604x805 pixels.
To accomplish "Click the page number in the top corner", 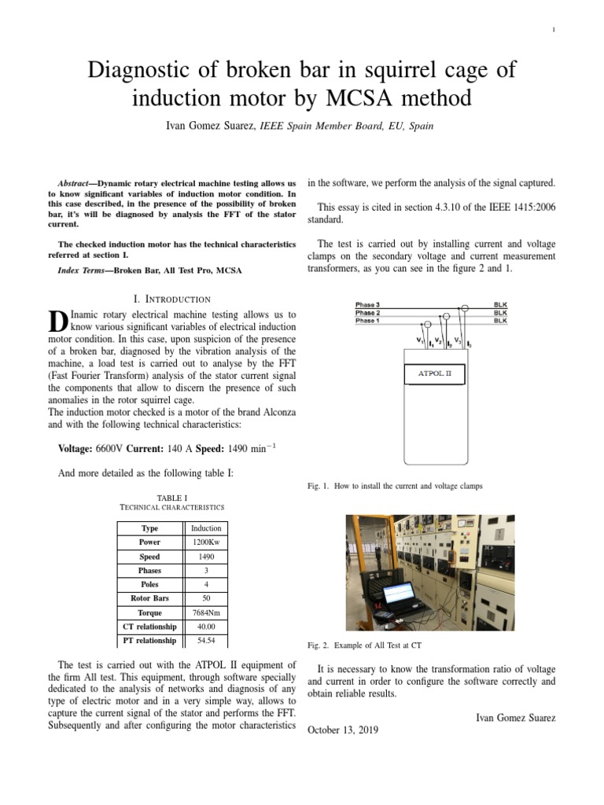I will tap(554, 30).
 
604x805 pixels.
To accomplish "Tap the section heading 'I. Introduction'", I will tap(172, 299).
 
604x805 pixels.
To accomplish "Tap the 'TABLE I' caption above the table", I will tap(172, 498).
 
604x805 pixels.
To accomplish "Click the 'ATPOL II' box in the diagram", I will tap(433, 373).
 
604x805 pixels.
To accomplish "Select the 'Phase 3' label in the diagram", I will tap(367, 304).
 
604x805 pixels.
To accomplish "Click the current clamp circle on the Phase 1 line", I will tap(428, 323).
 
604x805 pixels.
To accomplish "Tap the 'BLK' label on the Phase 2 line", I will tap(500, 313).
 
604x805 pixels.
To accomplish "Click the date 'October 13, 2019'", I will tap(342, 730).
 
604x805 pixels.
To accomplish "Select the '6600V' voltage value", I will tap(110, 449).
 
